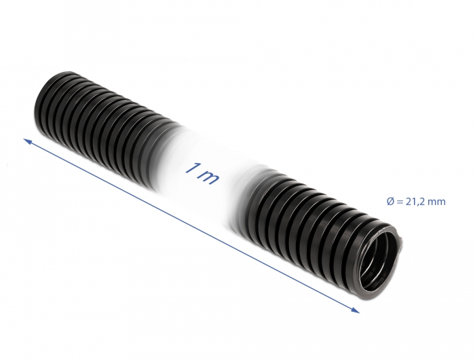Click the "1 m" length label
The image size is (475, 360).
(202, 174)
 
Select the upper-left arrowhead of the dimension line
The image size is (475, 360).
(28, 141)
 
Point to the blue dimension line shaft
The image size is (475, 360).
(190, 224)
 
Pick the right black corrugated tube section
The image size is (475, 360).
(305, 211)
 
